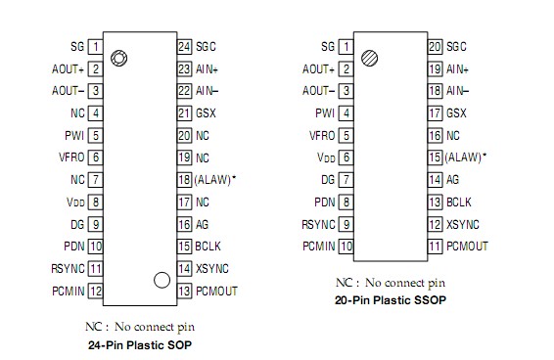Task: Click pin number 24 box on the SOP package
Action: pos(183,46)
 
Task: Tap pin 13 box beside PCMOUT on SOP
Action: pos(183,291)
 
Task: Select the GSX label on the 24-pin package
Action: pos(204,112)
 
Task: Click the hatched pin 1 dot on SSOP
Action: pos(368,58)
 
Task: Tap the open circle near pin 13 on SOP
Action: pos(162,280)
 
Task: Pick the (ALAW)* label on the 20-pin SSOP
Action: pos(466,157)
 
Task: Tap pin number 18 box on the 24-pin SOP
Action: pos(183,179)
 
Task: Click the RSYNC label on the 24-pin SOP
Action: pos(69,268)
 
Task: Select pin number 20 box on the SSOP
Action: pos(435,46)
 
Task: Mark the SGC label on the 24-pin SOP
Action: pos(206,46)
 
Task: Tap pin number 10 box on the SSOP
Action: pos(346,246)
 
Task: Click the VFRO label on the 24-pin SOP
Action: pos(71,157)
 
